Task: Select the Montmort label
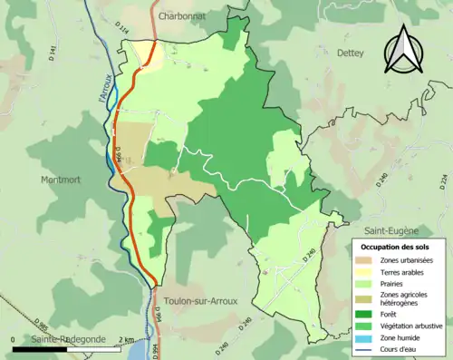coord(61,180)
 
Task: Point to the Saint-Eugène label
coord(390,230)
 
